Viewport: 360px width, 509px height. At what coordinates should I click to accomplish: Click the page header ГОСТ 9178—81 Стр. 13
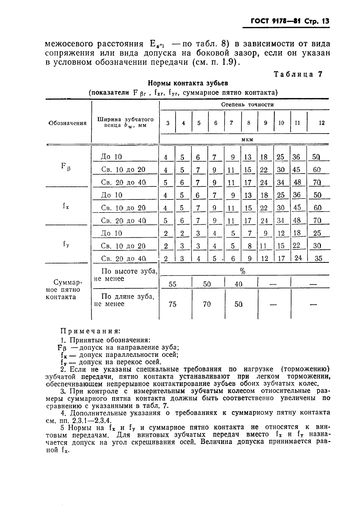pos(290,21)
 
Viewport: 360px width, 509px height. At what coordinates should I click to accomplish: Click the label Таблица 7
pos(298,74)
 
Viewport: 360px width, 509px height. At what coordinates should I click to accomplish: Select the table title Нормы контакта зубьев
pos(188,83)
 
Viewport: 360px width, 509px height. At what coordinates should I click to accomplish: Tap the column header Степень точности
pos(247,105)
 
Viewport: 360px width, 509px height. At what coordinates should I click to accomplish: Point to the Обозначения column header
pos(67,123)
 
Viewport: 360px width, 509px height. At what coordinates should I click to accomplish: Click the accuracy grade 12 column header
pos(321,123)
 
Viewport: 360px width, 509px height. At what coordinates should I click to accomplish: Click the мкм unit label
pos(247,139)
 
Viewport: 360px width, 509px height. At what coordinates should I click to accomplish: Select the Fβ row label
pos(66,166)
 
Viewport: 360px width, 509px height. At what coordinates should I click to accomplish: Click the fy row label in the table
pos(66,244)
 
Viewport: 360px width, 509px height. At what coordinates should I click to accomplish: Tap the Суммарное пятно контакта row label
pos(64,290)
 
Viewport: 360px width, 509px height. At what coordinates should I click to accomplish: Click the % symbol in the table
pos(243,272)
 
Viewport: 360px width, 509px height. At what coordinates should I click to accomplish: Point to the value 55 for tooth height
pos(172,284)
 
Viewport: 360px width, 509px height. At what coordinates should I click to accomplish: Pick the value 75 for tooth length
pos(172,304)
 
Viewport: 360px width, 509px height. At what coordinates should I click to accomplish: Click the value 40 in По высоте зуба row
pos(238,284)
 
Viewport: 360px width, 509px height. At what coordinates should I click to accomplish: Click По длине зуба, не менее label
pos(124,300)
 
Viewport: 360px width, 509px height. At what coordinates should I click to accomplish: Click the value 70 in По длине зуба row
pos(207,304)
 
